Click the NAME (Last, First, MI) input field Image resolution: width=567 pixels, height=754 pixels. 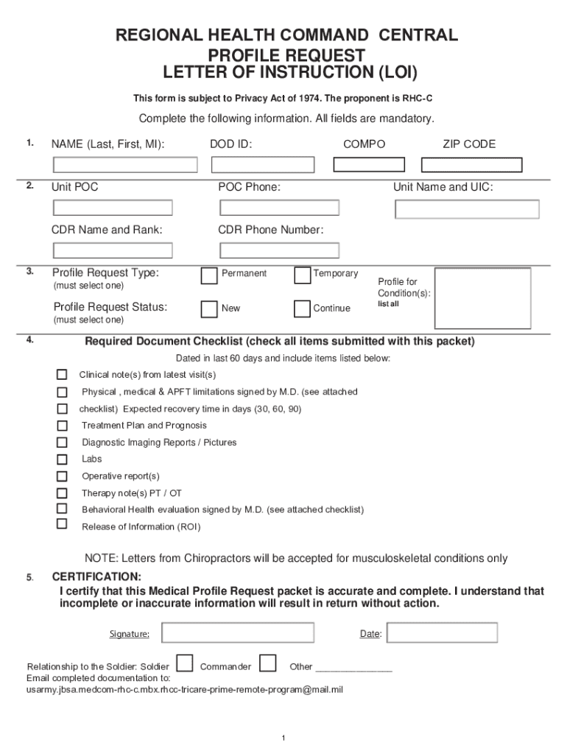(x=124, y=164)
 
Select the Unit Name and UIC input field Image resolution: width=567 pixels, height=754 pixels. (x=467, y=209)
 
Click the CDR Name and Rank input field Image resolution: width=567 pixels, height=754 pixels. (x=111, y=250)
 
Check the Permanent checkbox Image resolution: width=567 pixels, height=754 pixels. (x=209, y=275)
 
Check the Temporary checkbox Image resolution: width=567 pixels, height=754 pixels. (x=302, y=275)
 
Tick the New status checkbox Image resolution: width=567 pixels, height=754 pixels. (x=209, y=309)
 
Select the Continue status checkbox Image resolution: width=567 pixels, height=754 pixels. (x=302, y=309)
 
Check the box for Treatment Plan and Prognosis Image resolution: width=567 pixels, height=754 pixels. (x=63, y=426)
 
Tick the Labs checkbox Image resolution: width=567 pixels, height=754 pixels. (x=63, y=459)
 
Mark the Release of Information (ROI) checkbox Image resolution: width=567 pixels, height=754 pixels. (x=63, y=524)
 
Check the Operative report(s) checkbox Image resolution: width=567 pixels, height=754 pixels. (x=63, y=476)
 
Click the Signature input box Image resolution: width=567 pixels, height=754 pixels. (x=238, y=633)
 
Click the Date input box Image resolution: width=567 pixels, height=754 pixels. (x=442, y=633)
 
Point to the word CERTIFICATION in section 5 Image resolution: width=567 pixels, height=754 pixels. (x=96, y=576)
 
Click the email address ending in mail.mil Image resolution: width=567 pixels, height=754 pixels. (x=185, y=690)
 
